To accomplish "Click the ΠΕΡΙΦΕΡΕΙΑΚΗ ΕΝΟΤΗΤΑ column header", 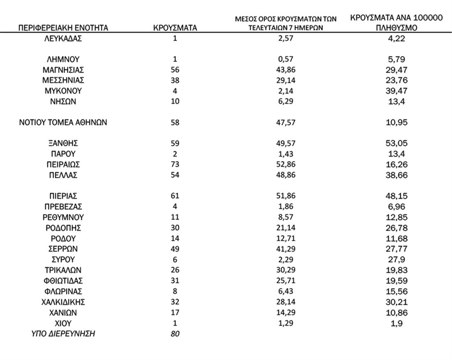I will (63, 28).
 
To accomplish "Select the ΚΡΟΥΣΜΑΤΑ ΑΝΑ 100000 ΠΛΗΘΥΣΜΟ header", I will (396, 23).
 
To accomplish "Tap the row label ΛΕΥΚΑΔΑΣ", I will (63, 39).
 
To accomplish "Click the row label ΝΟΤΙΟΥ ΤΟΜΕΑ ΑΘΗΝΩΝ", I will (63, 122).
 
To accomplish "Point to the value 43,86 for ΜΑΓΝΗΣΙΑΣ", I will (286, 70).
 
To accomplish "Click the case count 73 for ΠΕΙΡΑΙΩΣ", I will (175, 165).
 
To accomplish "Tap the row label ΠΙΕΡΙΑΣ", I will (63, 196).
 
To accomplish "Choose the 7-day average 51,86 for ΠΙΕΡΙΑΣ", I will (286, 196).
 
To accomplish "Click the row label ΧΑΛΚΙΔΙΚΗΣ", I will (63, 302).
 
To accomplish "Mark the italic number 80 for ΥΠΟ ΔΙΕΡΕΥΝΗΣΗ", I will (175, 334).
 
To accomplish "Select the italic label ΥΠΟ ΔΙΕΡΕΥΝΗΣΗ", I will (63, 334).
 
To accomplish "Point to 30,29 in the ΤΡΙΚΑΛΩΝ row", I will (286, 270).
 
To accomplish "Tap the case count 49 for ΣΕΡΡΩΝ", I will (175, 249).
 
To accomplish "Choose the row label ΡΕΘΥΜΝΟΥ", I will (63, 217).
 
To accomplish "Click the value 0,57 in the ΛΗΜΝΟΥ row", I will (286, 60).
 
